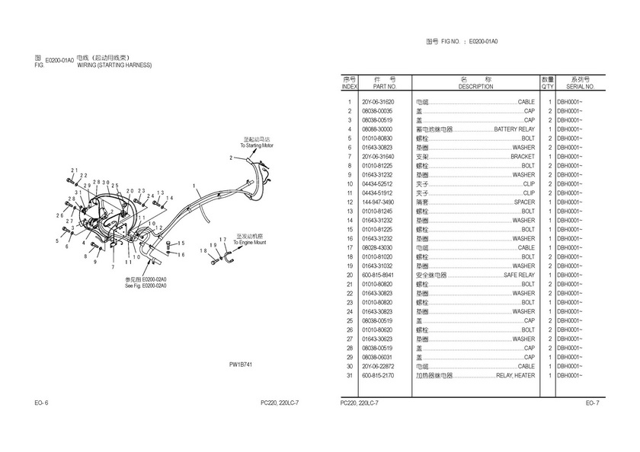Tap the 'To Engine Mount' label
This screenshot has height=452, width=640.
(x=249, y=242)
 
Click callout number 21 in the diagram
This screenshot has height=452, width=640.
(x=74, y=170)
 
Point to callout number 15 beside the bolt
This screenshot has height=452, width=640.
(x=181, y=244)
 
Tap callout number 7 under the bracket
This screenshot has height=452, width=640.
(x=112, y=268)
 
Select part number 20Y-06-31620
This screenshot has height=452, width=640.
(x=378, y=102)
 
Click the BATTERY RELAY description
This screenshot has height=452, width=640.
(x=514, y=129)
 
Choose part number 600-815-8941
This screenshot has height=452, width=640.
(x=378, y=275)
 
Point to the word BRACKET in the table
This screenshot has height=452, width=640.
(x=523, y=157)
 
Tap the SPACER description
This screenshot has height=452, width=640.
(x=524, y=202)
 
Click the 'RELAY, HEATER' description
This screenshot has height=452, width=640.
(x=515, y=375)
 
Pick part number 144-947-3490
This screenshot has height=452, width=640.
(x=378, y=202)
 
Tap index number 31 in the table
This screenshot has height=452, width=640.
(x=349, y=375)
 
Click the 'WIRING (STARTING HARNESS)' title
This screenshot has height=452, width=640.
(x=114, y=65)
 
